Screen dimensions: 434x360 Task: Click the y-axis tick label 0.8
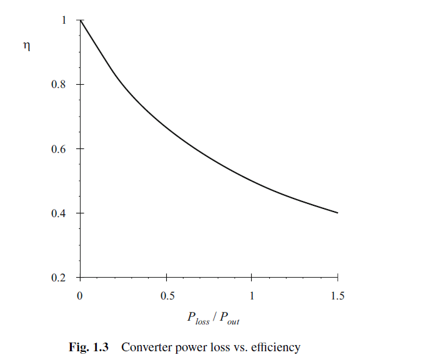(x=59, y=84)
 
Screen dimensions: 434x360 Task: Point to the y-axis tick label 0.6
(x=59, y=149)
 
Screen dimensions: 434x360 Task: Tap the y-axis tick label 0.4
(x=59, y=213)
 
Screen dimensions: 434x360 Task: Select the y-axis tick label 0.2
(x=59, y=278)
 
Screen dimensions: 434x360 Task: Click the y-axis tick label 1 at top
(x=64, y=20)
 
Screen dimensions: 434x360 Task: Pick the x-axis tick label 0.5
(x=167, y=296)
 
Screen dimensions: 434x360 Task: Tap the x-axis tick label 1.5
(x=337, y=296)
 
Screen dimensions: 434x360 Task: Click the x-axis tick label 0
(x=80, y=296)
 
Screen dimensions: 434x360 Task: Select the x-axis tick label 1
(x=252, y=296)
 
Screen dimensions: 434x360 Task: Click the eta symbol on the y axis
(x=26, y=46)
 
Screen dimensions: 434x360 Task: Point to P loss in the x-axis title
(x=198, y=318)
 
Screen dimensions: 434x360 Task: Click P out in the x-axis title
(x=229, y=318)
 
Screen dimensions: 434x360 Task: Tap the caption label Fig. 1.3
(x=89, y=348)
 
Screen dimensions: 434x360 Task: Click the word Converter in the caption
(x=147, y=348)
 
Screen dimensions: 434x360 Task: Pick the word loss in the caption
(x=217, y=348)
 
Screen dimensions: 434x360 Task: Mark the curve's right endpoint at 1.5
(x=338, y=213)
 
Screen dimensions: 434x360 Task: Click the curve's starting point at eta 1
(x=81, y=20)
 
